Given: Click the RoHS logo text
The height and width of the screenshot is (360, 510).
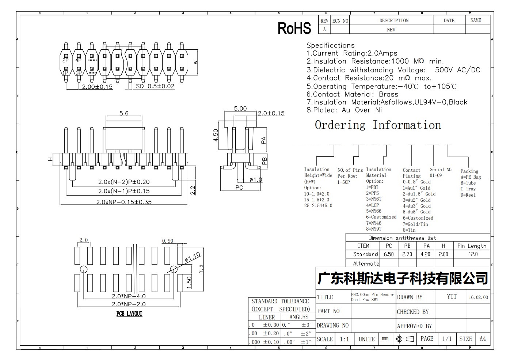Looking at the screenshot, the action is coord(294,28).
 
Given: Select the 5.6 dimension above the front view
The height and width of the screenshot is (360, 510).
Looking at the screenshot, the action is coord(124,113).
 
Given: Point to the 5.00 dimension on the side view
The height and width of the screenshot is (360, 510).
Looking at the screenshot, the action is coord(240,109).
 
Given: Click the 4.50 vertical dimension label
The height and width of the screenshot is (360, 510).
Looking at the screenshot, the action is coord(216,135).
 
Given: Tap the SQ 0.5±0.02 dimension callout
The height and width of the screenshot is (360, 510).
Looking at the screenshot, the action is coord(155,86).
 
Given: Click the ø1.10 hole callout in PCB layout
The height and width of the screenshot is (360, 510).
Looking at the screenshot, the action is coord(193,257).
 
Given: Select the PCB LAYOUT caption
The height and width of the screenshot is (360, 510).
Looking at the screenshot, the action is coord(129,314).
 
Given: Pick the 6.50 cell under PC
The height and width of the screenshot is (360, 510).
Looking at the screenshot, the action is coord(389,254).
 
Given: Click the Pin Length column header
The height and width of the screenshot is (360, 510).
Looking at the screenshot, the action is coord(472,246).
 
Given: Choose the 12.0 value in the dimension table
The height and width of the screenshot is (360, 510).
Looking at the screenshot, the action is coord(473,254).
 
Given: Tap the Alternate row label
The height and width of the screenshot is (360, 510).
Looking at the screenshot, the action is coord(366,264).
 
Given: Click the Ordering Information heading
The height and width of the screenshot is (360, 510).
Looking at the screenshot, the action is coord(378,125).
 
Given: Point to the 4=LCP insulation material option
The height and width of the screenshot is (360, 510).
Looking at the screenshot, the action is coord(373,205).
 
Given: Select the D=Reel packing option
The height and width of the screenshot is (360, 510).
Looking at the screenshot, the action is coord(468,195).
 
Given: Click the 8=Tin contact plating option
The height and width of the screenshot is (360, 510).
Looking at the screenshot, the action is coord(409,230).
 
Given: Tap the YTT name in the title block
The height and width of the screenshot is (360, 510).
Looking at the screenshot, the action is coord(452,296).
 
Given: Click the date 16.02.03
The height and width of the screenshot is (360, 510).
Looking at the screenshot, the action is coord(478,297).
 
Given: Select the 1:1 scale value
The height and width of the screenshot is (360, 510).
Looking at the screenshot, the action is coord(345,339).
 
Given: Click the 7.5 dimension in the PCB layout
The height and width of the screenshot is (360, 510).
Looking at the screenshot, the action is coord(201,269).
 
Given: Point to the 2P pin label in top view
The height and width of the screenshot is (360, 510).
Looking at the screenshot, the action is coord(65,60).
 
